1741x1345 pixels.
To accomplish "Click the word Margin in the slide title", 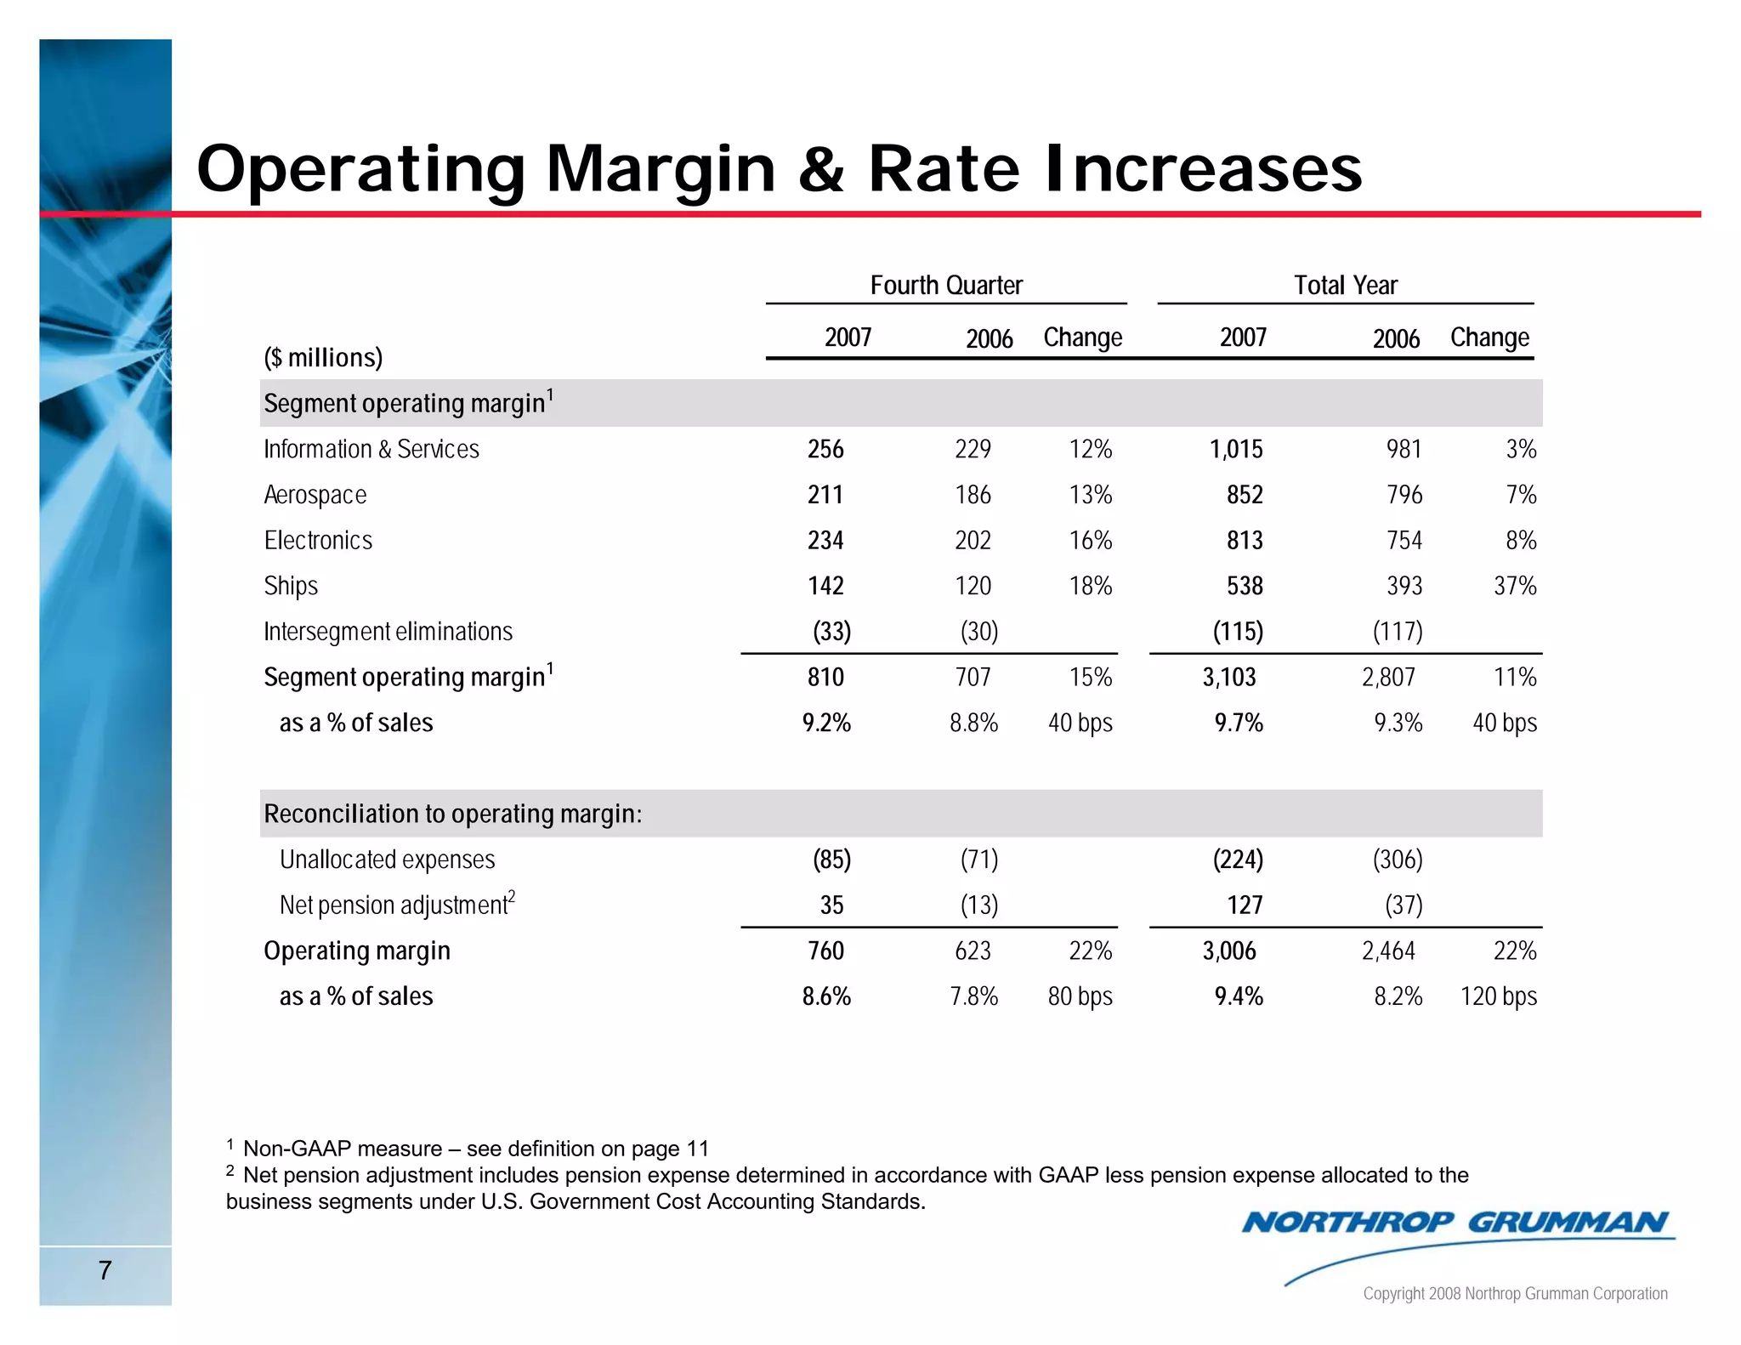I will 661,170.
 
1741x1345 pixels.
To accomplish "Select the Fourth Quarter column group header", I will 945,286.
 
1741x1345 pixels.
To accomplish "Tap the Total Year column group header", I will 1345,286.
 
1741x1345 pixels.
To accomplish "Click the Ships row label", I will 291,587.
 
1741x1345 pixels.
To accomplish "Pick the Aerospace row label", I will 315,495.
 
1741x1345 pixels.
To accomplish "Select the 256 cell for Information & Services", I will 825,449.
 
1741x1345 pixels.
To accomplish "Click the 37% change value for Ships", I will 1515,587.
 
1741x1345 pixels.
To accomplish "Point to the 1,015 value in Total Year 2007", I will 1236,449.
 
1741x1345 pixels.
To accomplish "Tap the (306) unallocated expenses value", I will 1398,860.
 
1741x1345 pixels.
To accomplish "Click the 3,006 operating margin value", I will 1228,951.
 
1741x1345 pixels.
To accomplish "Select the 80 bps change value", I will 1080,996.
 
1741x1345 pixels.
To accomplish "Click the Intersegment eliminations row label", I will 388,632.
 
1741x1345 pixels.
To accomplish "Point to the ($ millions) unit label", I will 323,358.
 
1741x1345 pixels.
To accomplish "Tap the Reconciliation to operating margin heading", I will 452,814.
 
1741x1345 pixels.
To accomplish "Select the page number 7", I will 105,1270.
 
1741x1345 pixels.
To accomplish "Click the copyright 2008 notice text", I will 1515,1294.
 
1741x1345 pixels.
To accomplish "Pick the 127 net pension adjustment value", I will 1245,905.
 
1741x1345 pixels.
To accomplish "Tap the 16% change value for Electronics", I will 1091,541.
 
